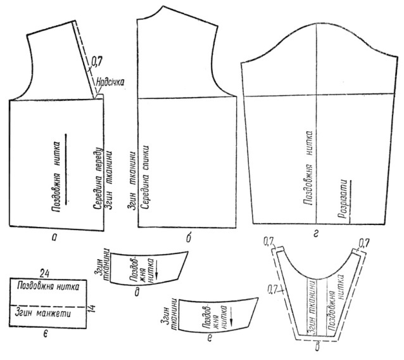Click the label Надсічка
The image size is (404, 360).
pyautogui.click(x=110, y=82)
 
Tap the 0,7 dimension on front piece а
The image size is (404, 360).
pyautogui.click(x=97, y=61)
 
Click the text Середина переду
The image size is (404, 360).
pyautogui.click(x=98, y=179)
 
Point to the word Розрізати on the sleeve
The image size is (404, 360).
pyautogui.click(x=343, y=198)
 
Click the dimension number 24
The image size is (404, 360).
pyautogui.click(x=45, y=273)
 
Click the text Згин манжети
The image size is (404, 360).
pyautogui.click(x=43, y=314)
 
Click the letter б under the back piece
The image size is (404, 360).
pyautogui.click(x=189, y=238)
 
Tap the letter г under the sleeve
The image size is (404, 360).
pyautogui.click(x=317, y=234)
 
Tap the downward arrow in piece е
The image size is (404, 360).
pyautogui.click(x=231, y=320)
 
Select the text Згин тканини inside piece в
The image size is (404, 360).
pyautogui.click(x=312, y=307)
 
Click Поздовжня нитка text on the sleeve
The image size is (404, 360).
pyautogui.click(x=308, y=167)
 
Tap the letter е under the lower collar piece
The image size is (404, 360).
pyautogui.click(x=210, y=338)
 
